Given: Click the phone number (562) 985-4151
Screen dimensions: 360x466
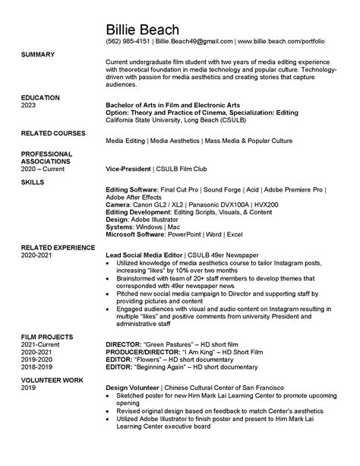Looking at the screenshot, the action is click(x=128, y=40).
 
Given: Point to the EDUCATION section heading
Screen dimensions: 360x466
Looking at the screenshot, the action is click(x=41, y=98).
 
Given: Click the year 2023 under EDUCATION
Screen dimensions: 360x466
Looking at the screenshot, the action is click(x=29, y=106).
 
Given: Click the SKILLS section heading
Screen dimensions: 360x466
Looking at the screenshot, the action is click(x=33, y=182).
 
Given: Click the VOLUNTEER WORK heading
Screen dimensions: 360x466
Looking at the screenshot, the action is click(x=51, y=379).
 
